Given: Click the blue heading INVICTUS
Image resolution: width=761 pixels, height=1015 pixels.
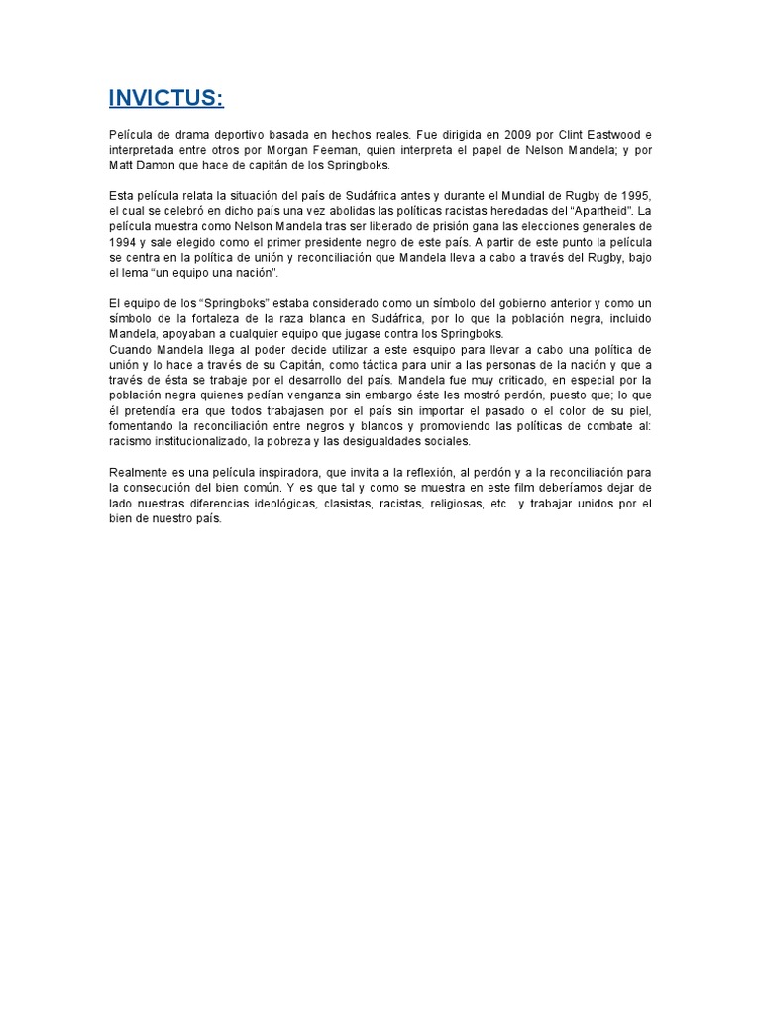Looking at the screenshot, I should click(x=166, y=98).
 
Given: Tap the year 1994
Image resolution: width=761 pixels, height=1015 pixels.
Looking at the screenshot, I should click(x=124, y=241).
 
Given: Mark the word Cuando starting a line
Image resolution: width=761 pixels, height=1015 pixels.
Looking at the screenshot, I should click(x=131, y=350).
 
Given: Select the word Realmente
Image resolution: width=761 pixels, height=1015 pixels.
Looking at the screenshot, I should click(x=139, y=472).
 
